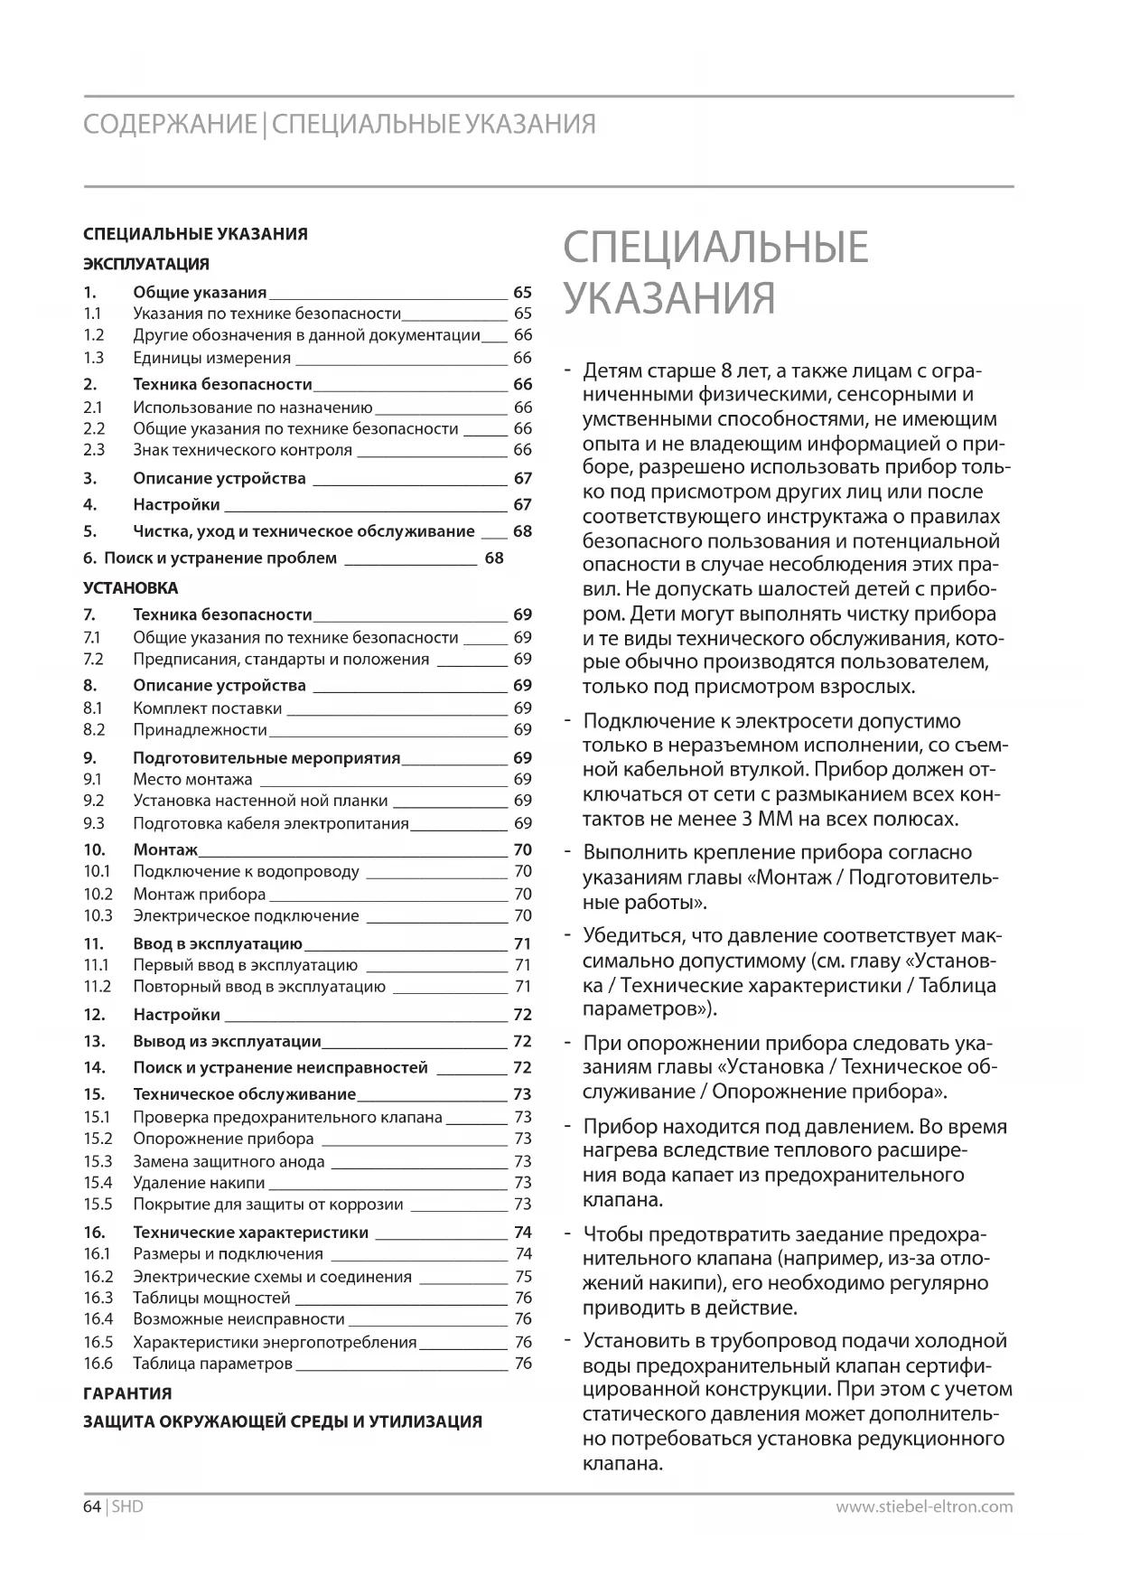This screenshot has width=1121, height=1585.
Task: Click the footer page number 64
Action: tap(92, 1506)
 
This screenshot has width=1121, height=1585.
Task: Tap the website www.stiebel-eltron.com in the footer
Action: tap(924, 1506)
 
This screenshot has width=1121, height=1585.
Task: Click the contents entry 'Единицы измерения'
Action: tap(199, 358)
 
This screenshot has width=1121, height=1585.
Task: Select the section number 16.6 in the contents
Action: tap(98, 1363)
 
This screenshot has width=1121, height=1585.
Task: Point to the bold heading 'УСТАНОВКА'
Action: tap(130, 587)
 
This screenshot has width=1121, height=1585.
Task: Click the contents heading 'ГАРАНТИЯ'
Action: tap(127, 1393)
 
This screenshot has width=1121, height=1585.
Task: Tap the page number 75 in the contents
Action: tap(523, 1276)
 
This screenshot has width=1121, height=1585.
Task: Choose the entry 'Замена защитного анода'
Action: tap(229, 1161)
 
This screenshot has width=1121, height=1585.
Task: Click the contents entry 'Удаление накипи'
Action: tap(199, 1182)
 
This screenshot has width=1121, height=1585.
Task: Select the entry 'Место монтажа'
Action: tap(192, 779)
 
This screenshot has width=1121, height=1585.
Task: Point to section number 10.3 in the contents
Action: tap(98, 915)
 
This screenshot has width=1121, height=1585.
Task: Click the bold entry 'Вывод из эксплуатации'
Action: tap(227, 1041)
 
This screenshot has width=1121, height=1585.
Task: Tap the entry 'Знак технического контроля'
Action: tap(242, 449)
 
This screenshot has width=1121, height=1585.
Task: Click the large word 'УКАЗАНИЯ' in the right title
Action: tap(669, 298)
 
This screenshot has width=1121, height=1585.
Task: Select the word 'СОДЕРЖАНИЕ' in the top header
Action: tap(170, 124)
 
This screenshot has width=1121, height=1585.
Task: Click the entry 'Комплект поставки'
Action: tap(207, 708)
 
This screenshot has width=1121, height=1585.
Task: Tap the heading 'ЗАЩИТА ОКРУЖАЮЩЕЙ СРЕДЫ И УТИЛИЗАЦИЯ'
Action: tap(283, 1421)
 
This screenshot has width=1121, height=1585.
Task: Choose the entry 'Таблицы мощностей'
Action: tap(211, 1298)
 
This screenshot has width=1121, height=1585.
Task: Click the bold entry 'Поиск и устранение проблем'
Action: tap(220, 558)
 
